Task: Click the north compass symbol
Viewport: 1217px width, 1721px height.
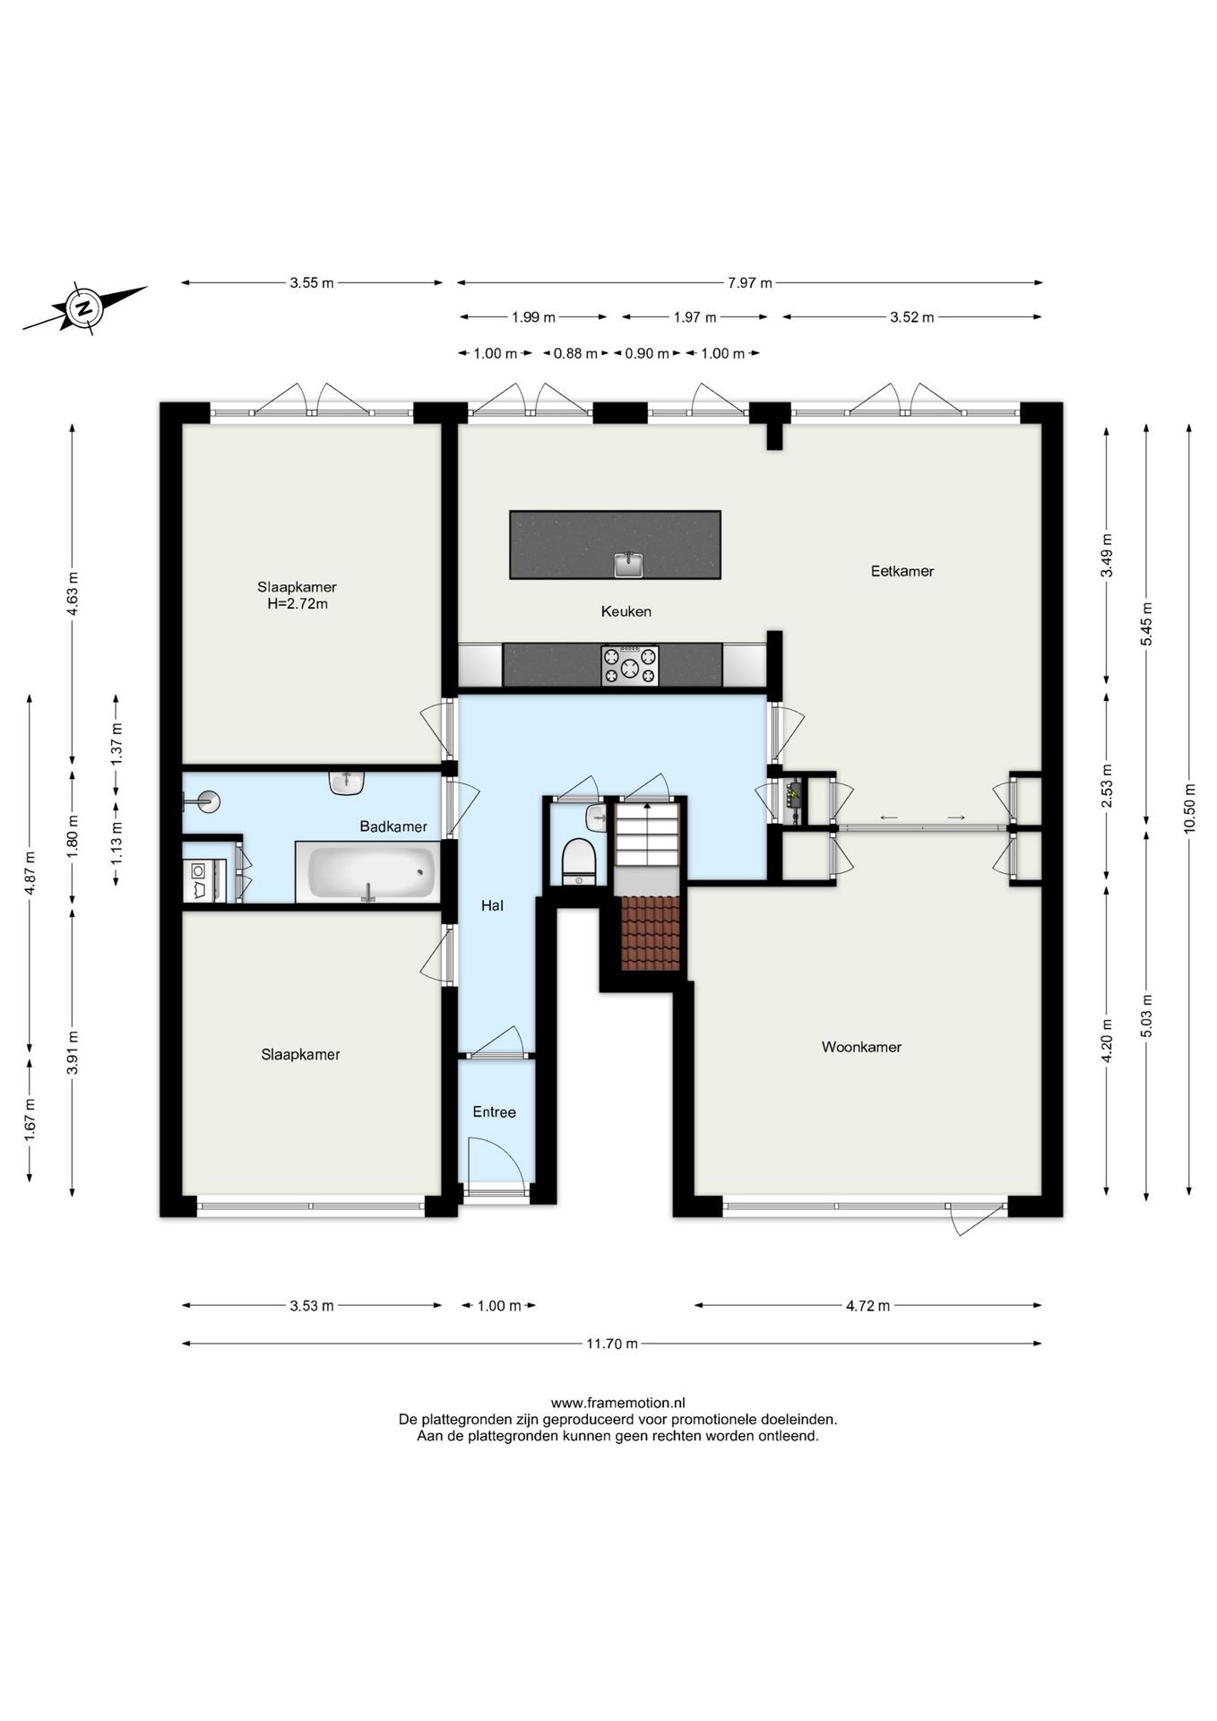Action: pos(84,308)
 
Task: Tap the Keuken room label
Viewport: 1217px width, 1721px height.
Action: pos(626,611)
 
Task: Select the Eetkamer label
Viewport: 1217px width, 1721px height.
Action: pos(902,571)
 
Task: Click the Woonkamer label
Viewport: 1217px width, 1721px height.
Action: pos(861,1047)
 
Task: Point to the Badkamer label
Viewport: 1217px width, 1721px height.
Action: pos(393,826)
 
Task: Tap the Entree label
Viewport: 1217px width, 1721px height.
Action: pos(494,1112)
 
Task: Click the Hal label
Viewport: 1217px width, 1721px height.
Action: pos(492,906)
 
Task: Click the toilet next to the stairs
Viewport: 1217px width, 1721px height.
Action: pos(578,861)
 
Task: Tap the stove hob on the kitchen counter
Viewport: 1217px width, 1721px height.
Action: pos(630,666)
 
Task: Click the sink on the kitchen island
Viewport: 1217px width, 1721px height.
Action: pos(630,564)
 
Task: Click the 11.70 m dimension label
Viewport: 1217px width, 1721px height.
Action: pos(612,1344)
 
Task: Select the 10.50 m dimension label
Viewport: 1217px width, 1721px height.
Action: pos(1189,809)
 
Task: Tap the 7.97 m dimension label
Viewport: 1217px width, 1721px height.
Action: pos(749,283)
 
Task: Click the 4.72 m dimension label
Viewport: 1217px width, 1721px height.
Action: pos(867,1306)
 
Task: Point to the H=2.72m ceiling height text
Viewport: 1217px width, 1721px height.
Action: pos(298,604)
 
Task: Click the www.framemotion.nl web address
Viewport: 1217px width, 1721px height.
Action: pos(617,1403)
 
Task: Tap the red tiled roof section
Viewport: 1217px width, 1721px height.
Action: pos(651,933)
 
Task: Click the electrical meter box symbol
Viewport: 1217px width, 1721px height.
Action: pos(794,798)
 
